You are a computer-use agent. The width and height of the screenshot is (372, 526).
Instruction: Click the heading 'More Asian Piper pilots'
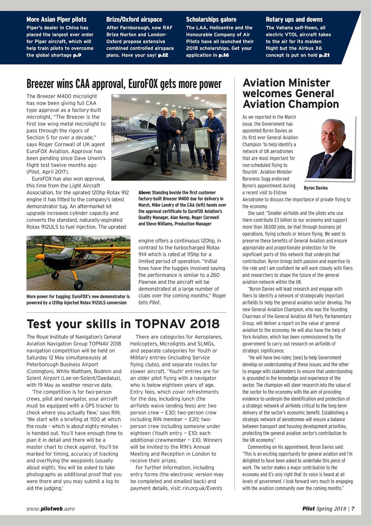(56, 19)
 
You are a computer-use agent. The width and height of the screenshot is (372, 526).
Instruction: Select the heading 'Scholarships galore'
(211, 19)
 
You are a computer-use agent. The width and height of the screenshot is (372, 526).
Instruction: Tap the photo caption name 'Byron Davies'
(316, 188)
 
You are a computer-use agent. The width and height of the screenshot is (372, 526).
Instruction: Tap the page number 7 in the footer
(353, 509)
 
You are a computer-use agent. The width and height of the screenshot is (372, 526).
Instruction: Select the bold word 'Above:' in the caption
(145, 193)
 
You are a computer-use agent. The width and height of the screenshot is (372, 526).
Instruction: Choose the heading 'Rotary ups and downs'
(294, 19)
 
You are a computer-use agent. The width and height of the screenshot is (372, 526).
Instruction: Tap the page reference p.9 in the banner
(77, 55)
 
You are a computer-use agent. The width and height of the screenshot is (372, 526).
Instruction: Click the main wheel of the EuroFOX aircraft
(78, 284)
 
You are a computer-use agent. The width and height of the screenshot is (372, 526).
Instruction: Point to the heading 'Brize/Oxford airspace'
(134, 19)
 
